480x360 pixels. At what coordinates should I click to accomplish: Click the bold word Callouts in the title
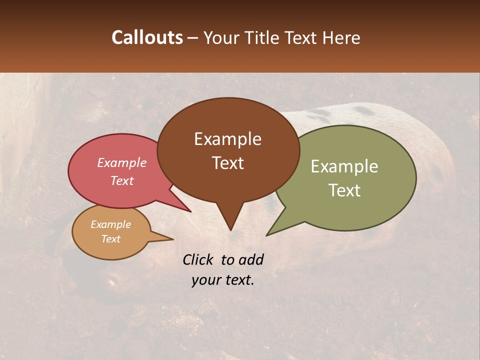[147, 38]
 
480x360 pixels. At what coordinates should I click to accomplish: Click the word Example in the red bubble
[122, 162]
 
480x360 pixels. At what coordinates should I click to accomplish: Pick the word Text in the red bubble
[122, 180]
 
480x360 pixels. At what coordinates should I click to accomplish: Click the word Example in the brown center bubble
[227, 139]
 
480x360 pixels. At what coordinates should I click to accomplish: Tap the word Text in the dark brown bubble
[227, 163]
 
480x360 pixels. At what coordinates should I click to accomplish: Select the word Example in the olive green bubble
[344, 166]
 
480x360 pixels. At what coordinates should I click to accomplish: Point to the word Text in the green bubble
[344, 190]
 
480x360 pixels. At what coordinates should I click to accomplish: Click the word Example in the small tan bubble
[110, 224]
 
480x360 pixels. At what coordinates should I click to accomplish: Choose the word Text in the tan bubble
[110, 239]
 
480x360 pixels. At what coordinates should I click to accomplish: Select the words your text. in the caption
[223, 280]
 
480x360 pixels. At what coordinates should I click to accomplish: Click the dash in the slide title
[193, 38]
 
